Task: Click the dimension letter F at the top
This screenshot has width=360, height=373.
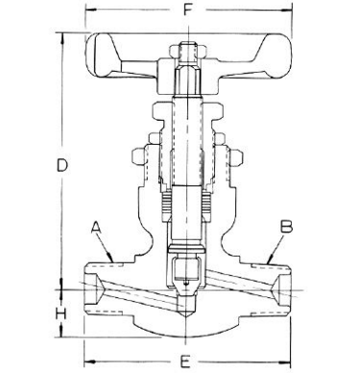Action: pos(188,10)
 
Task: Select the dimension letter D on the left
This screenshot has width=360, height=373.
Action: pos(62,166)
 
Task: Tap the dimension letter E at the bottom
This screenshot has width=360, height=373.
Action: pos(184,361)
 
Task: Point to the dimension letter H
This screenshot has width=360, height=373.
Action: pos(60,314)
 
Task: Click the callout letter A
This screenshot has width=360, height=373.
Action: pos(96,227)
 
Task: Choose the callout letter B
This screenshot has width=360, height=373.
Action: pos(286,226)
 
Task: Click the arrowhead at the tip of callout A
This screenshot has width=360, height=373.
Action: pos(110,257)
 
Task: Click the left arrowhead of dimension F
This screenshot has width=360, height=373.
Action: pos(91,10)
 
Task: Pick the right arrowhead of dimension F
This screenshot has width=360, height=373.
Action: pos(286,10)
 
